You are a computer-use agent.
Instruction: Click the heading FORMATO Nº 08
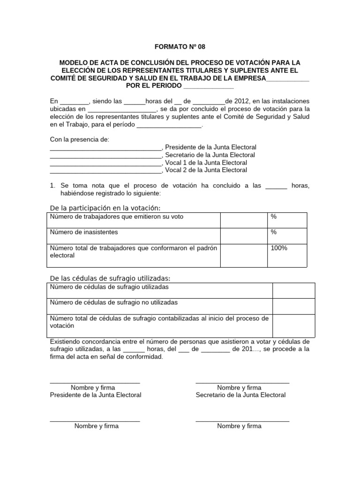tap(180, 47)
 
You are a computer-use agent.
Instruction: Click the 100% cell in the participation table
tap(279, 248)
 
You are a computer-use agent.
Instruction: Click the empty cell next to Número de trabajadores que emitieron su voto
tap(243, 220)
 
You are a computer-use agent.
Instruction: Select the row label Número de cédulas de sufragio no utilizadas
tap(114, 302)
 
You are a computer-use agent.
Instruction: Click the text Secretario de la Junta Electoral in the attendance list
tap(210, 155)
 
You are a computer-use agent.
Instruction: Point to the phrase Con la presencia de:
tap(79, 139)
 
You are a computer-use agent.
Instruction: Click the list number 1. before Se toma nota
tap(53, 186)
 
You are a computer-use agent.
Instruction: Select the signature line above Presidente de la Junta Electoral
tap(95, 383)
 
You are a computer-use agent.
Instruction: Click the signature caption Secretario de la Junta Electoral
tap(240, 395)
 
